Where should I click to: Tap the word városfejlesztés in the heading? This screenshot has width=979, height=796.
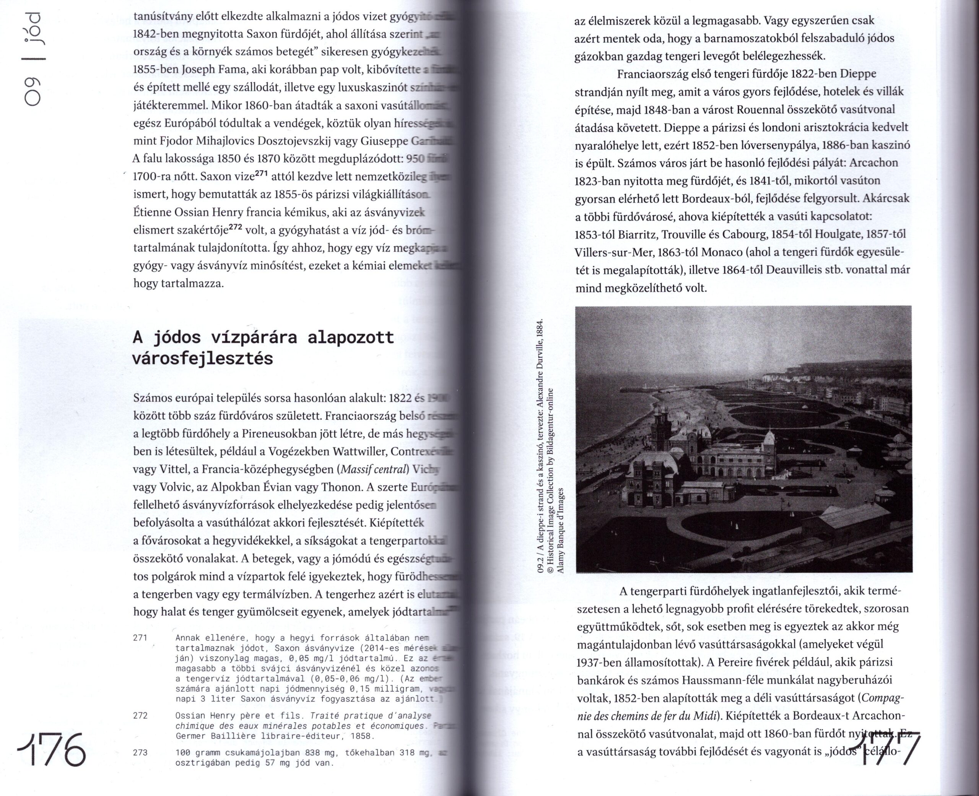[x=202, y=359]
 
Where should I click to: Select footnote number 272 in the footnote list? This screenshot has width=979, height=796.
[x=140, y=716]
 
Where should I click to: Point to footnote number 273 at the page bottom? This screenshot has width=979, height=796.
[x=140, y=753]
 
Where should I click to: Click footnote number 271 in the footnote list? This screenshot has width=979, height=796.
[x=140, y=638]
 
